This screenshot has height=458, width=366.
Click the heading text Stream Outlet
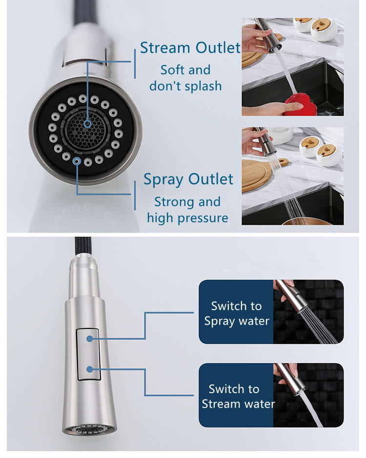190,48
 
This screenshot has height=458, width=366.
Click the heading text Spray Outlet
188,179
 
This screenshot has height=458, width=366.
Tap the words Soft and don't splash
185,78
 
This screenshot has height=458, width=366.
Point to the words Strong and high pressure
187,209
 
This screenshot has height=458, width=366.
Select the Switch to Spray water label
236,313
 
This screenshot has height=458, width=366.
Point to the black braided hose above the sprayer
81,247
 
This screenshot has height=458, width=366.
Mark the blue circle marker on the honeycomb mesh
87,124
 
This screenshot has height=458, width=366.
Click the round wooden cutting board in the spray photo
255,175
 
